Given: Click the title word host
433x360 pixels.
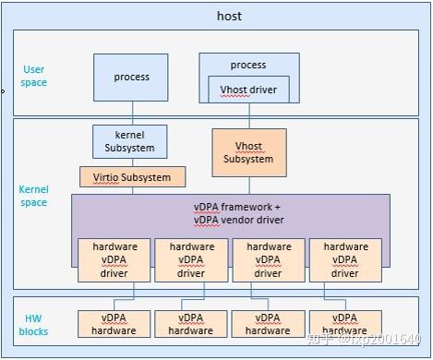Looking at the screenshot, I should (229, 16).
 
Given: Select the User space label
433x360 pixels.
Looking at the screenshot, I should (34, 76).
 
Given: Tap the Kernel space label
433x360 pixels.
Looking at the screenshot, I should (34, 196).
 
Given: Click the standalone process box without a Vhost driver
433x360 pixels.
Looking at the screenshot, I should (130, 78).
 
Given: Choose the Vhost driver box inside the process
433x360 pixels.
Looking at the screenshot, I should (247, 90).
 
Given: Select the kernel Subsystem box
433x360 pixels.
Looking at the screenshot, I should (130, 141).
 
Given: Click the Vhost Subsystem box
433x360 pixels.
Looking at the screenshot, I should (247, 152).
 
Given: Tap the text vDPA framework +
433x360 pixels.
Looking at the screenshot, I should (230, 209).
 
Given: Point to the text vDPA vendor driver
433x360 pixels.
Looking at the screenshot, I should (230, 221).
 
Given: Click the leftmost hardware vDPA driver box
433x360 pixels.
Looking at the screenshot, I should (114, 260).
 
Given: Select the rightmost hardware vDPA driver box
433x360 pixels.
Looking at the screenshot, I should (345, 260).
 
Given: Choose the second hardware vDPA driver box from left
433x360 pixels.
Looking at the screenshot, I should (191, 260).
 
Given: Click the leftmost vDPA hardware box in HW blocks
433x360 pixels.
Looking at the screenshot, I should (114, 324).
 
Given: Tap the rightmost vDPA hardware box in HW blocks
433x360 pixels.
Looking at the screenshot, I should (345, 324).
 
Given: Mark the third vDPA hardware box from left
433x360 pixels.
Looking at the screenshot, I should (268, 324).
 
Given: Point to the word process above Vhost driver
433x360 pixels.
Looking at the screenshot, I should (247, 66).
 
